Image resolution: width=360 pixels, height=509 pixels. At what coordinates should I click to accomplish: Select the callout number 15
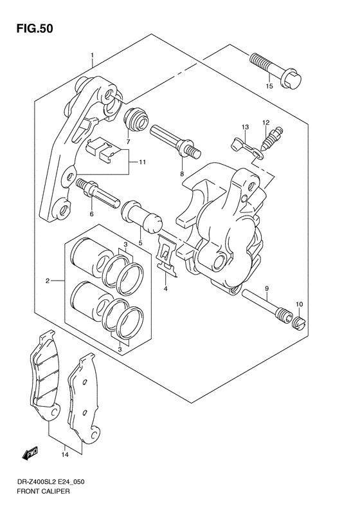[269, 86]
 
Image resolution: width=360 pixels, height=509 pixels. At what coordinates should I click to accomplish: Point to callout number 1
[93, 55]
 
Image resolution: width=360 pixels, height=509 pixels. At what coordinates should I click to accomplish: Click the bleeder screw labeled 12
[270, 138]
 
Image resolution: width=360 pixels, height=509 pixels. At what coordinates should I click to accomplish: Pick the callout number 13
[245, 127]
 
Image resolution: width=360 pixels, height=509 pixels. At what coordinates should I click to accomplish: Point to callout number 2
[48, 281]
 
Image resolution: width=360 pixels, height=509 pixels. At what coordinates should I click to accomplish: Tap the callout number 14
[65, 454]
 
